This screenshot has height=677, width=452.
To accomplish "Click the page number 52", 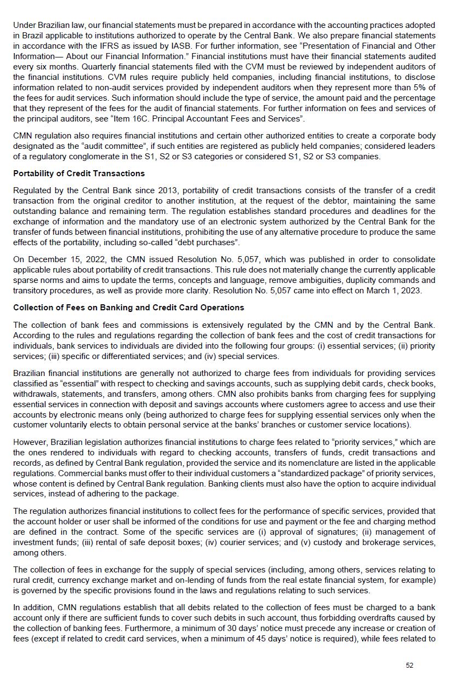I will pyautogui.click(x=410, y=665).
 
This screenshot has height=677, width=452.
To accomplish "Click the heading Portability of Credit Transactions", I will pyautogui.click(x=79, y=173).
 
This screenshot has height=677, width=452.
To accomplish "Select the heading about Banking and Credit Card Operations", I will pyautogui.click(x=129, y=308).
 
